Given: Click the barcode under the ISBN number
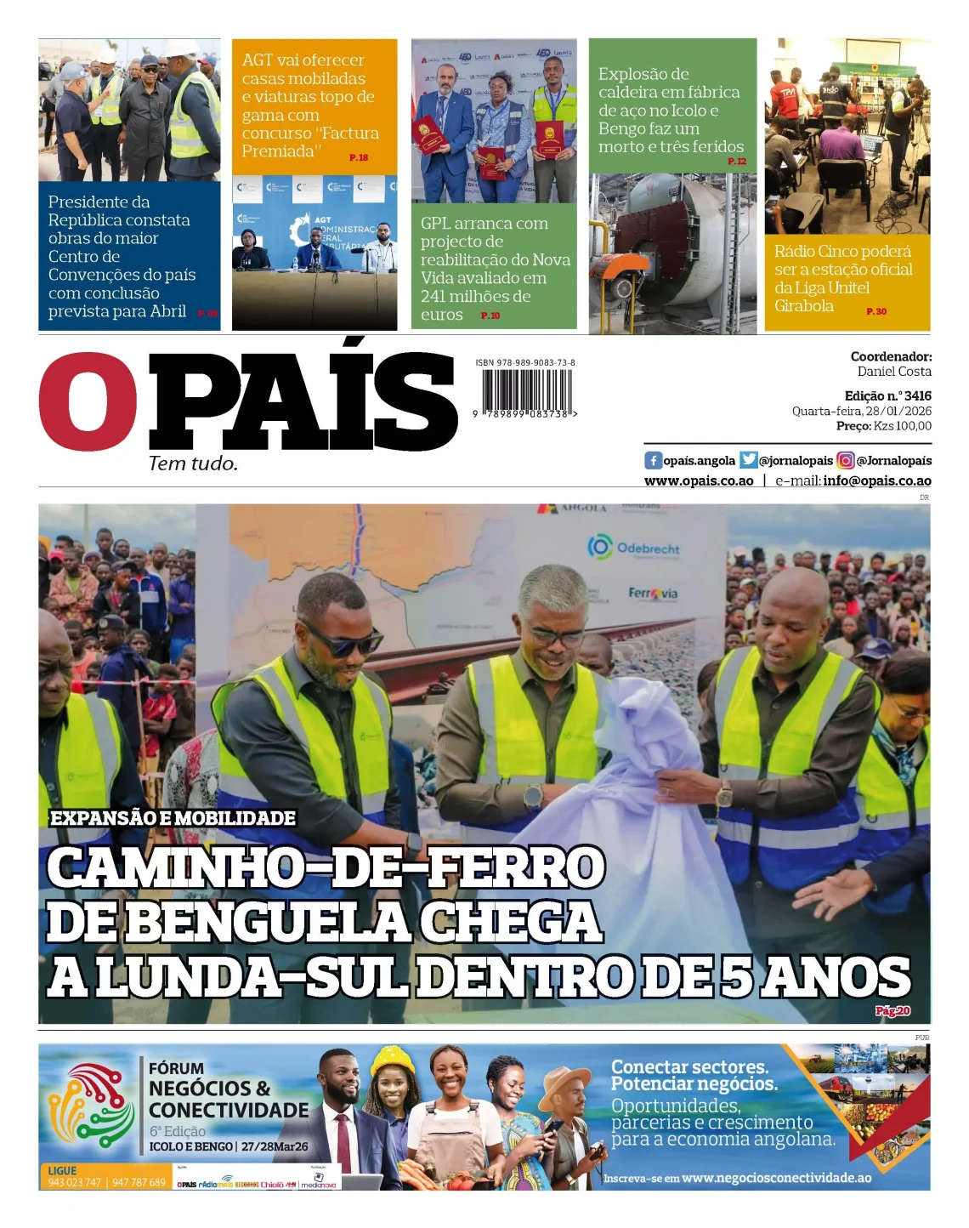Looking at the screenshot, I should (526, 390).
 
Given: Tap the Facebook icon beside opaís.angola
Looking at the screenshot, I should (653, 460).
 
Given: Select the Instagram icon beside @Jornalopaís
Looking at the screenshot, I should (846, 460).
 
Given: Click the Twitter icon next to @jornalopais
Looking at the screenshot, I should (748, 460).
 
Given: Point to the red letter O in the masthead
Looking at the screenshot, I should (88, 401).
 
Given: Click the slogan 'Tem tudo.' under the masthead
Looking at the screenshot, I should (193, 463).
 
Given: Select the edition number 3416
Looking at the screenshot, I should (917, 395).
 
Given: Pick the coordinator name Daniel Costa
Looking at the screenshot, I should (894, 371).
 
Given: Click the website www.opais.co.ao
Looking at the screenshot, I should (699, 480).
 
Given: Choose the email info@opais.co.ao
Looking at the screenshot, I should (877, 480).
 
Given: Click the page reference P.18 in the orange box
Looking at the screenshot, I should (359, 157).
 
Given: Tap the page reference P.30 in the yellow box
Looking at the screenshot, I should (876, 311).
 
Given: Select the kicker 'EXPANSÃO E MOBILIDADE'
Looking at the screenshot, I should (173, 817).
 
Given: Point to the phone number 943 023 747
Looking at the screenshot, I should (75, 1182).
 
